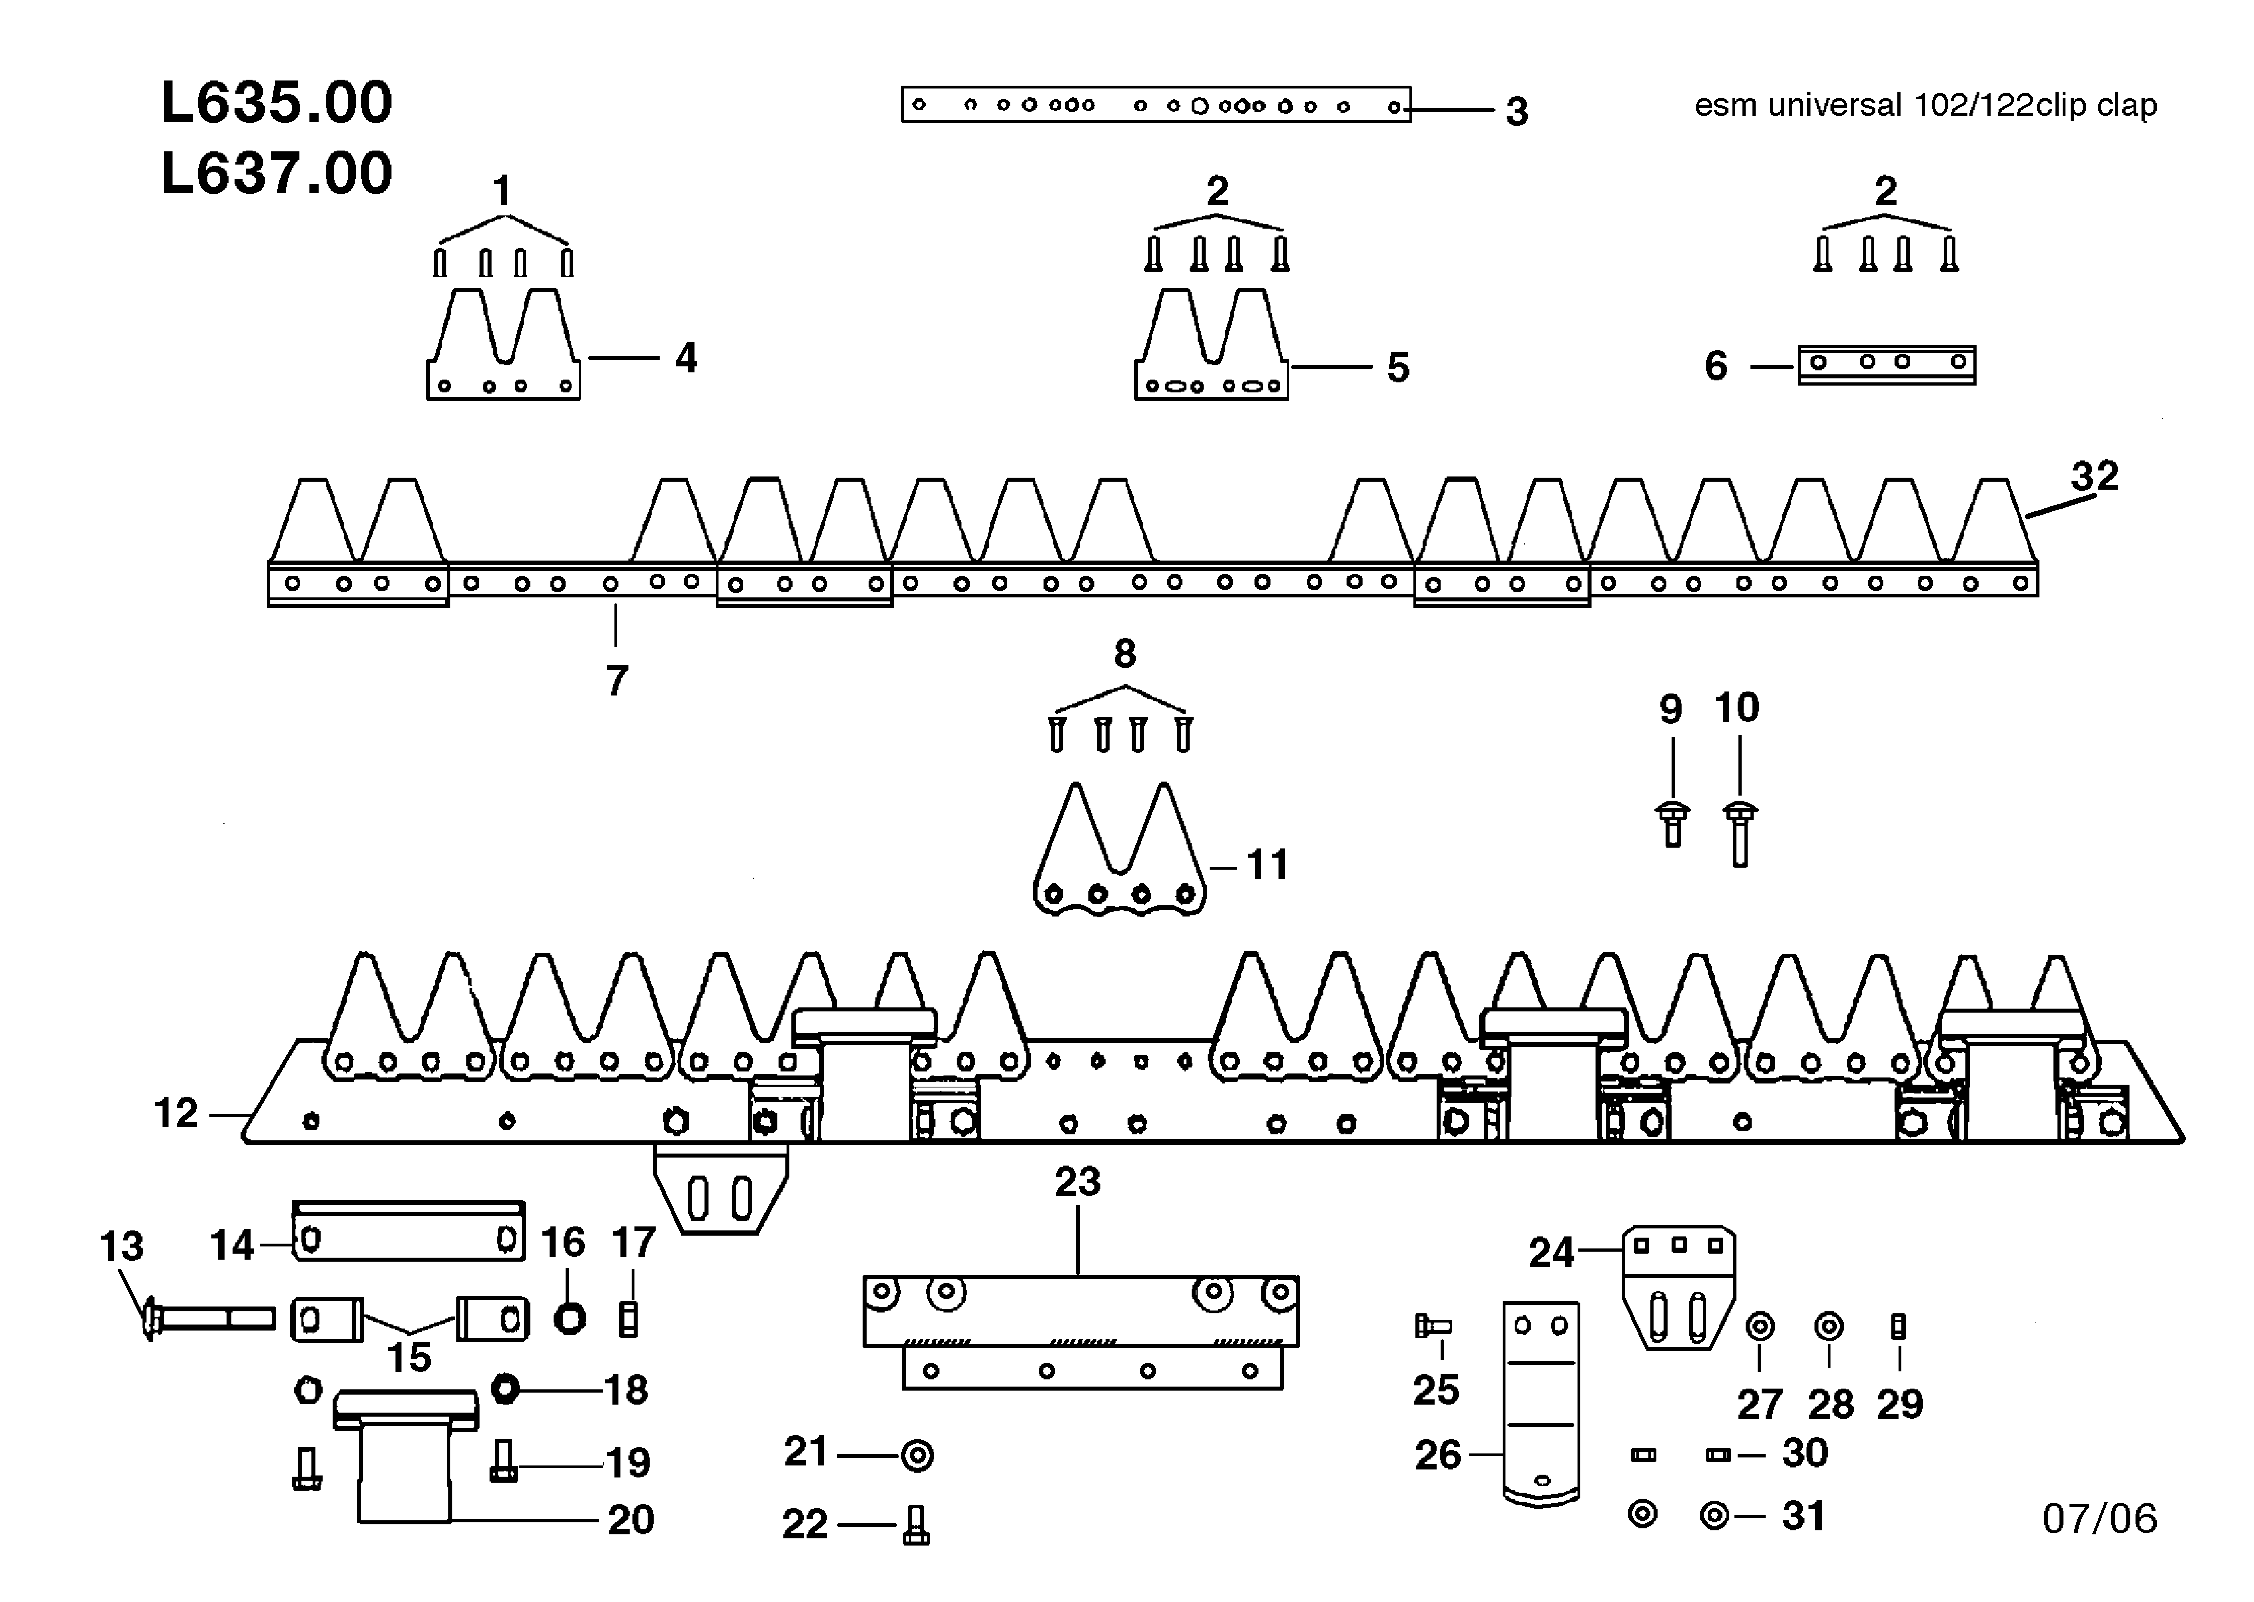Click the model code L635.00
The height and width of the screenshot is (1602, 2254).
coord(276,103)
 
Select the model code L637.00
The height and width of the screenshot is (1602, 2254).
coord(276,174)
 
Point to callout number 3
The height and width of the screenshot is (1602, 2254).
coord(1516,111)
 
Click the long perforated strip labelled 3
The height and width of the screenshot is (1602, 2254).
coord(1156,105)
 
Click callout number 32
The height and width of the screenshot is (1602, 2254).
coord(2094,476)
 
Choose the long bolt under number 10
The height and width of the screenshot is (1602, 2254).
coord(1739,834)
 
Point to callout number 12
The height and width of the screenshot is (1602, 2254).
coord(175,1114)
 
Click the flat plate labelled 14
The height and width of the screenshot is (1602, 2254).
coord(408,1233)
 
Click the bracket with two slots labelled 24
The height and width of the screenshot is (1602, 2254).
coord(1678,1285)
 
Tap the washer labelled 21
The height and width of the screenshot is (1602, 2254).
coord(917,1455)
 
